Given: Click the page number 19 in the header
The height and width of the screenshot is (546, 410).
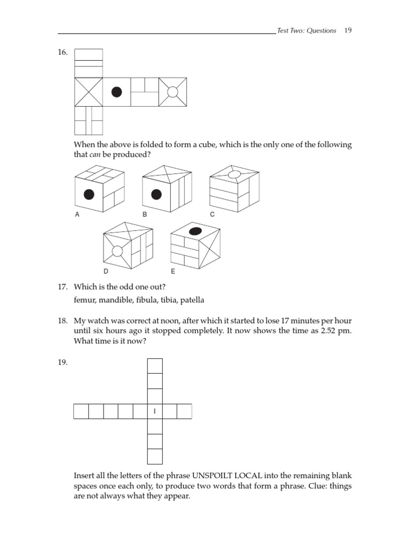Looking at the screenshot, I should click(x=348, y=30).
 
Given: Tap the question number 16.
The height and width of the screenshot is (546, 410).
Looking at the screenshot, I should click(x=63, y=52).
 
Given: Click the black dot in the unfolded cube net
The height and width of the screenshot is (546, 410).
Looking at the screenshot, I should click(x=116, y=92).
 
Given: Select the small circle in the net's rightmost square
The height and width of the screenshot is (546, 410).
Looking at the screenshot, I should click(x=172, y=92).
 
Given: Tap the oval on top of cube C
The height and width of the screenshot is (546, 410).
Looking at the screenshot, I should click(x=234, y=173).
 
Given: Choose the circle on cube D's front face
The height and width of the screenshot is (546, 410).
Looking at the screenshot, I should click(x=117, y=251).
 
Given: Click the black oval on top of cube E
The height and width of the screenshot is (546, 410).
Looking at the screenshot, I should click(x=195, y=231).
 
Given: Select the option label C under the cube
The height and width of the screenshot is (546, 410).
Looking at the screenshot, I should click(x=212, y=214).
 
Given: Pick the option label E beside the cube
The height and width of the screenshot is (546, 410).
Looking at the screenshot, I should click(x=173, y=271).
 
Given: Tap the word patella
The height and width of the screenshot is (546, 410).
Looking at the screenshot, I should click(x=192, y=300).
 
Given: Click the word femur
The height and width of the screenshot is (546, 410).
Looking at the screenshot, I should click(x=84, y=300).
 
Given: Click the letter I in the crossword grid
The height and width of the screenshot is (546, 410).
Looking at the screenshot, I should click(x=154, y=412).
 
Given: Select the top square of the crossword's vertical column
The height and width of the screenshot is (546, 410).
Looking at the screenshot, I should click(x=154, y=366).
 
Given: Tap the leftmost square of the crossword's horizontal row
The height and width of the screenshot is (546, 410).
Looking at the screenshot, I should click(x=81, y=412).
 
